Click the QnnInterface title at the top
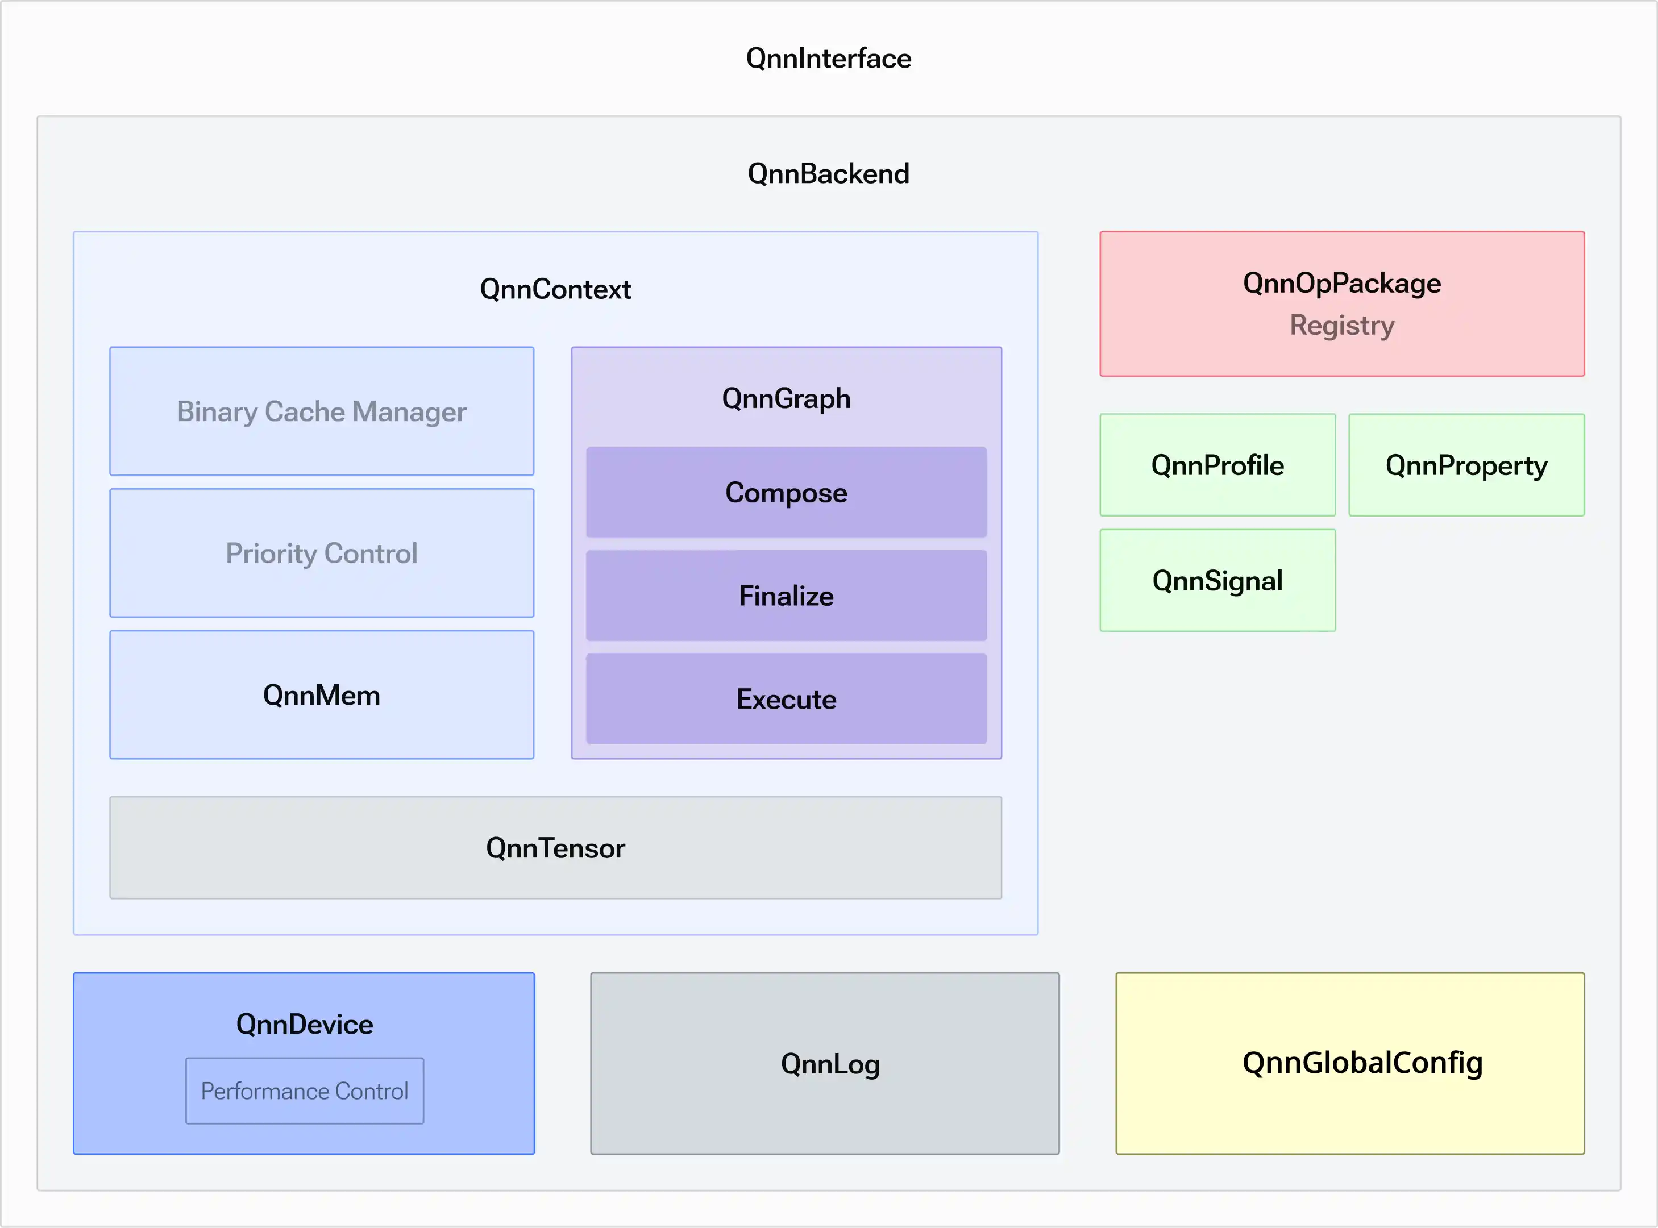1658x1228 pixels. click(x=828, y=58)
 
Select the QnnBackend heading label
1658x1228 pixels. click(x=828, y=173)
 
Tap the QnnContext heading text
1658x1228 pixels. click(x=555, y=289)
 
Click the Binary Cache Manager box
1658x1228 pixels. click(x=322, y=411)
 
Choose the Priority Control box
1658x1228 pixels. click(x=322, y=553)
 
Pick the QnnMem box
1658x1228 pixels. click(x=322, y=695)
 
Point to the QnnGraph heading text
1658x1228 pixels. click(x=787, y=398)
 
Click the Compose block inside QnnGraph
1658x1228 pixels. click(x=787, y=492)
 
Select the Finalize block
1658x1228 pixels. click(x=787, y=596)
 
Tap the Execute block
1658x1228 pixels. click(x=787, y=699)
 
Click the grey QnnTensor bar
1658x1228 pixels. click(x=555, y=847)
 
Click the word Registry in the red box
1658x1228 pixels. click(x=1342, y=326)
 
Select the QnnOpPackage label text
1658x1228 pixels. click(x=1342, y=283)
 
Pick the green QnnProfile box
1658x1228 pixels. click(x=1218, y=465)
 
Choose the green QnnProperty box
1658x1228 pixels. click(x=1467, y=465)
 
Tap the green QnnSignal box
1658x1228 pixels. click(x=1218, y=580)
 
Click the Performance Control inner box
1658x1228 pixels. click(x=305, y=1090)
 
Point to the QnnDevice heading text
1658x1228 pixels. click(x=305, y=1025)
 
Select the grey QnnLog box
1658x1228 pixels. click(x=825, y=1063)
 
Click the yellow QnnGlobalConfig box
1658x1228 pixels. click(x=1350, y=1063)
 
